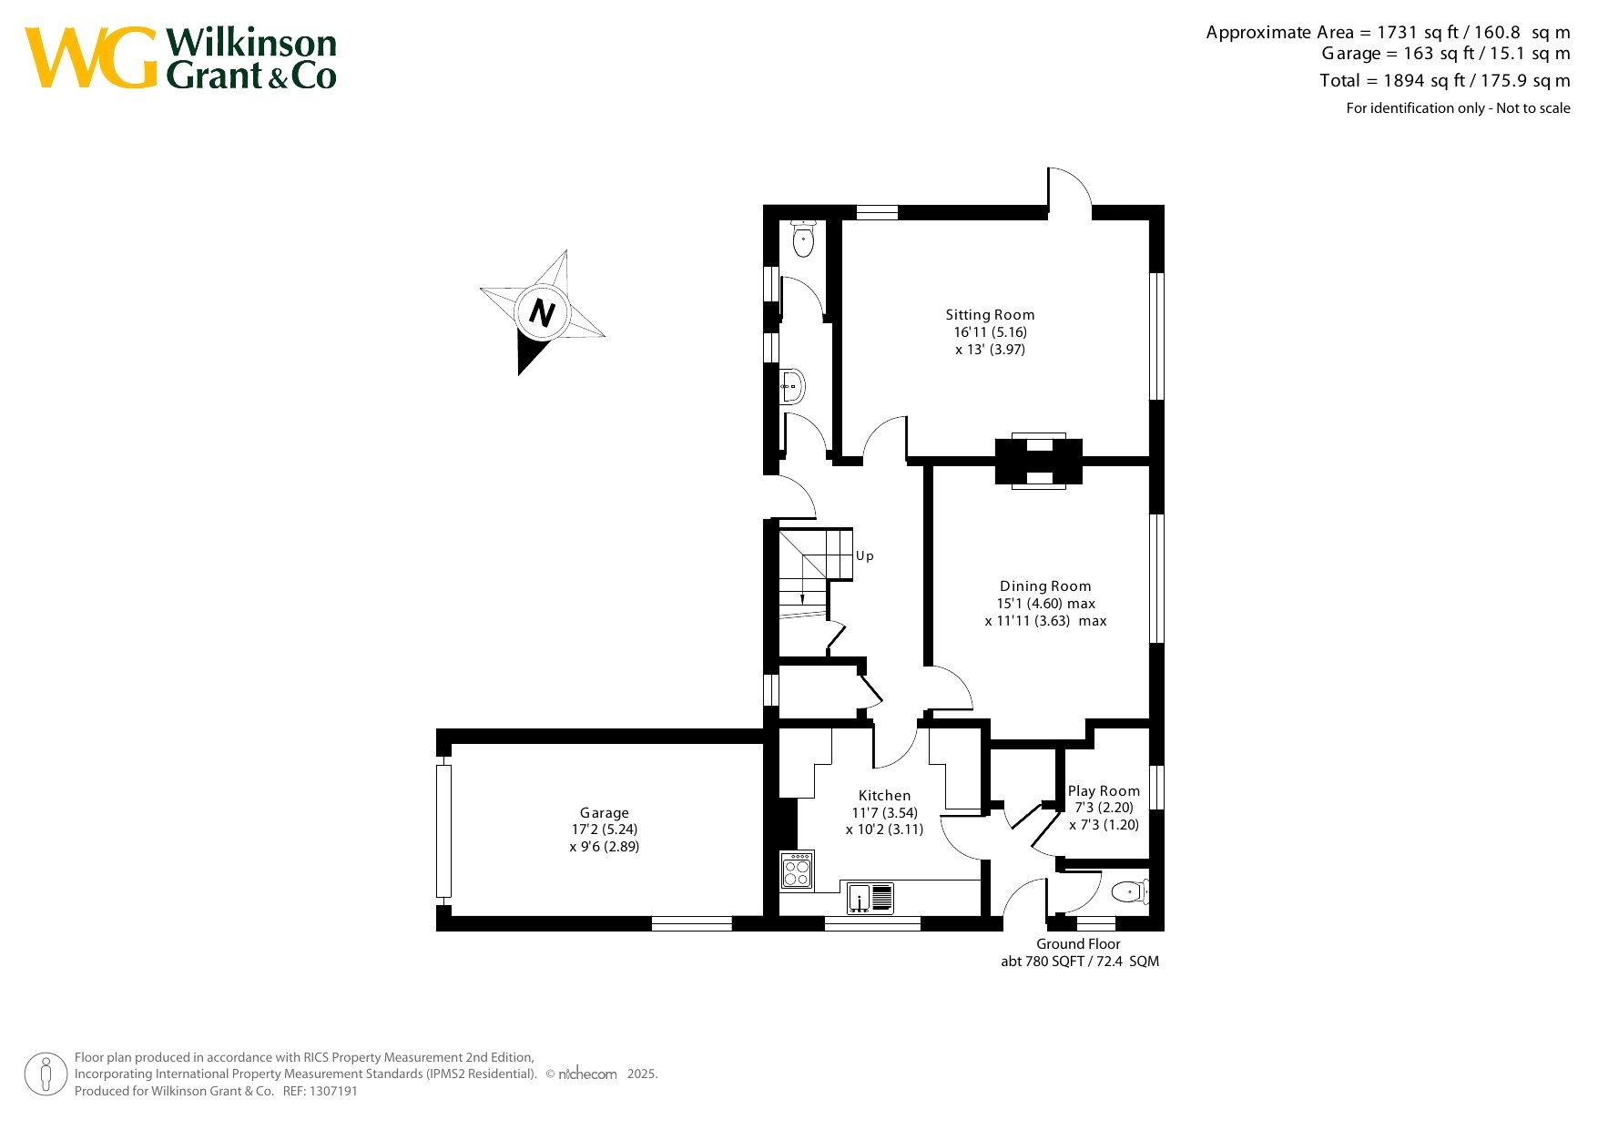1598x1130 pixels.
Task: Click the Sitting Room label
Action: click(x=990, y=315)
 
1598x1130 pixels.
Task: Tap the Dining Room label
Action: click(x=1045, y=586)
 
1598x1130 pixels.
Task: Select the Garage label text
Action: click(x=605, y=813)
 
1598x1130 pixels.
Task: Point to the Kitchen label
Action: click(x=884, y=796)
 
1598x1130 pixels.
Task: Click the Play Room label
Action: click(x=1104, y=791)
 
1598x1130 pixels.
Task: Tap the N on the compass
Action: click(x=542, y=313)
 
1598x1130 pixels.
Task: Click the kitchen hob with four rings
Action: click(x=797, y=870)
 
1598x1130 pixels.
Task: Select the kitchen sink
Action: click(x=871, y=898)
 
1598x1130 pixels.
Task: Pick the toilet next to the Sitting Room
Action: click(x=803, y=238)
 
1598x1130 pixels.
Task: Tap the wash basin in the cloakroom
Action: click(x=792, y=387)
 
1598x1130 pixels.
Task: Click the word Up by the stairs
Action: click(x=865, y=555)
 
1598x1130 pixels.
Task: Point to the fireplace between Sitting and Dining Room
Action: click(x=1039, y=461)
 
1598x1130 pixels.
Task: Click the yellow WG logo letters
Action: click(x=91, y=58)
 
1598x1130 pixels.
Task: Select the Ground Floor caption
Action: click(x=1078, y=944)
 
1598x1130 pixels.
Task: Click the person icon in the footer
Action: click(x=46, y=1074)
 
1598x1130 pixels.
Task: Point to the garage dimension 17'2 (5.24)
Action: click(x=605, y=830)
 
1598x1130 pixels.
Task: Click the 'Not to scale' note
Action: click(x=1533, y=108)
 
